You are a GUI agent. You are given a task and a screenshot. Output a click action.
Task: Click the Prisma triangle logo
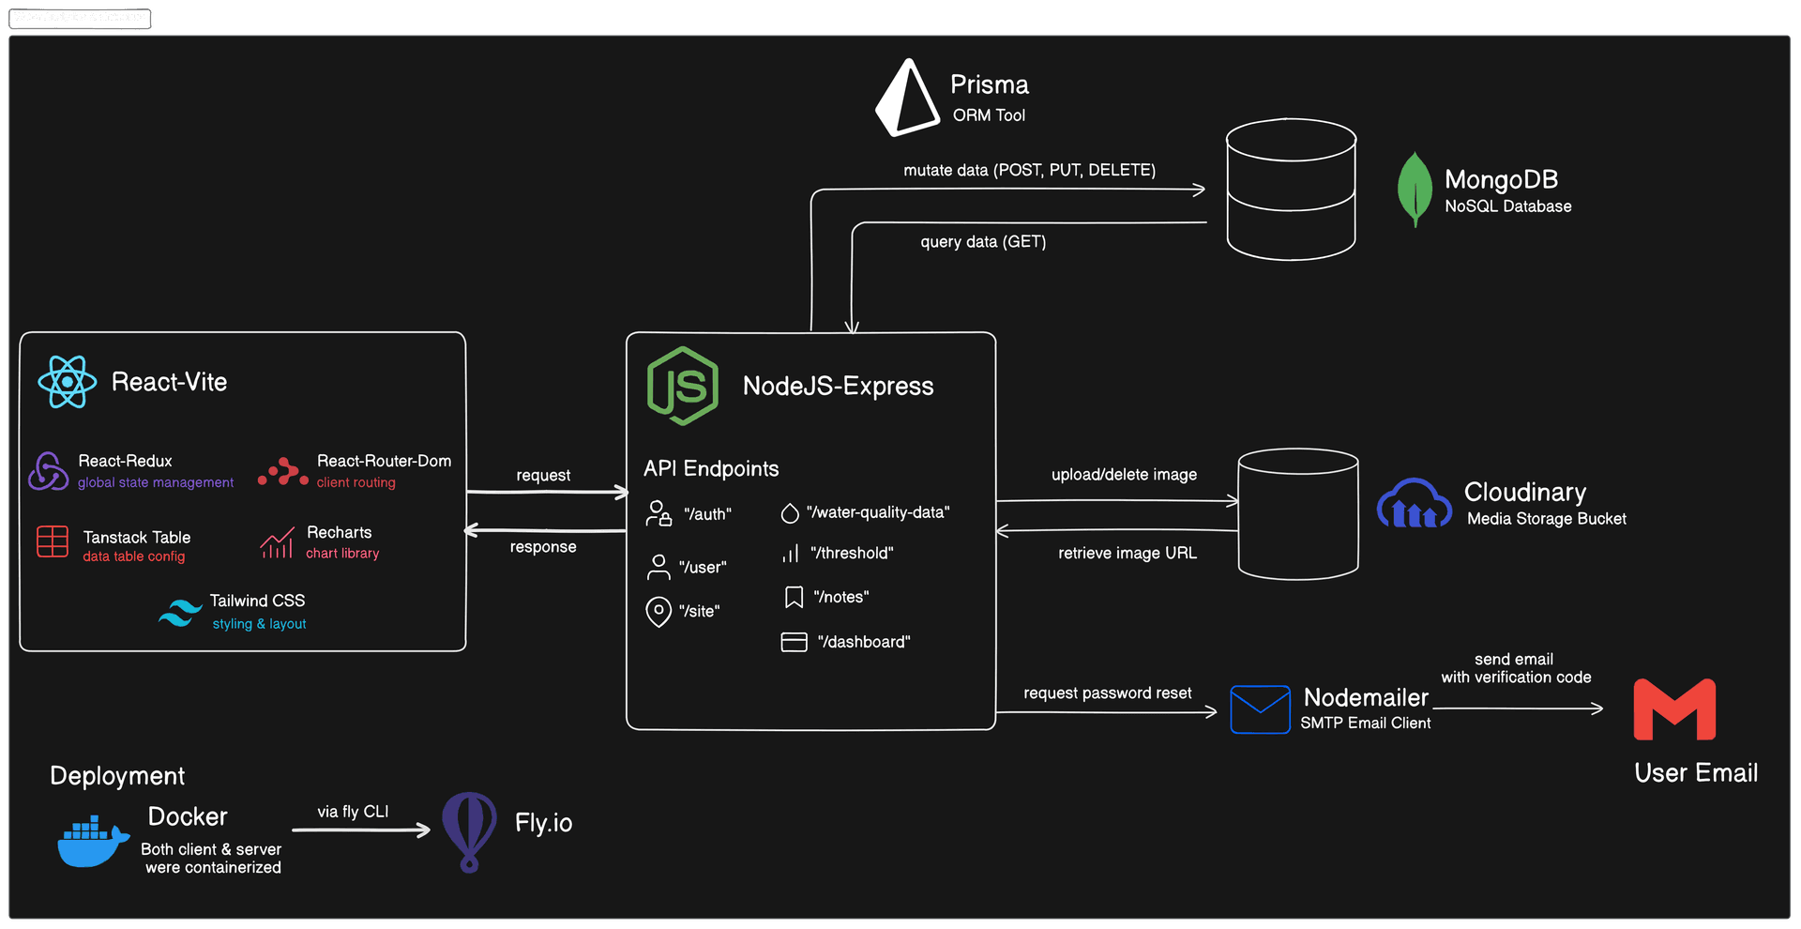[906, 99]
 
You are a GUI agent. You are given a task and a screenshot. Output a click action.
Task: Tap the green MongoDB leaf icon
[1415, 189]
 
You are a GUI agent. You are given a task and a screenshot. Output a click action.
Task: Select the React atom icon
[68, 382]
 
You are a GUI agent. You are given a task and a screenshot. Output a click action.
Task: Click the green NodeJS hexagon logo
[683, 386]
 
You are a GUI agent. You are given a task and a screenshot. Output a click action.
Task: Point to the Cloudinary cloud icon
[1414, 504]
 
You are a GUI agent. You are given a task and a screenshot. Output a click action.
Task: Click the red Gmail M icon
[1674, 709]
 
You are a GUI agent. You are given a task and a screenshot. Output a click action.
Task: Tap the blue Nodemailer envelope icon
[1260, 709]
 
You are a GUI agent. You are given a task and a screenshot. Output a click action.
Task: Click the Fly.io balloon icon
[469, 830]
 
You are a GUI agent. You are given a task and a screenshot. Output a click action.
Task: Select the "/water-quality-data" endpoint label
[878, 512]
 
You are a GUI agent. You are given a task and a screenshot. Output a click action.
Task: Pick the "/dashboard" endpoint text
[864, 642]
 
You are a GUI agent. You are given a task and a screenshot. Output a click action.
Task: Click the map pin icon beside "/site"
[658, 612]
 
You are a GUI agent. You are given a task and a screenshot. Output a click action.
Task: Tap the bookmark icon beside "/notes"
[794, 598]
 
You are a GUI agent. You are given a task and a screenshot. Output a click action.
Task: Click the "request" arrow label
[543, 476]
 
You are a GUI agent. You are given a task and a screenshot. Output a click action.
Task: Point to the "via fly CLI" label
[353, 812]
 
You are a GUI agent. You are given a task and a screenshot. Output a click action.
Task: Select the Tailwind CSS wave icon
[180, 612]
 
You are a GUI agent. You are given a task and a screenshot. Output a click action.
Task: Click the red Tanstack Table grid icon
[53, 542]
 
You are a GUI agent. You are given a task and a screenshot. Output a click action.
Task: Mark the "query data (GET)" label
[983, 242]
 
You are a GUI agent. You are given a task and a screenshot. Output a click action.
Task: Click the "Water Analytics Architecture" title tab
[80, 17]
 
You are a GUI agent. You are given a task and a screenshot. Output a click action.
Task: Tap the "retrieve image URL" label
[1128, 554]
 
